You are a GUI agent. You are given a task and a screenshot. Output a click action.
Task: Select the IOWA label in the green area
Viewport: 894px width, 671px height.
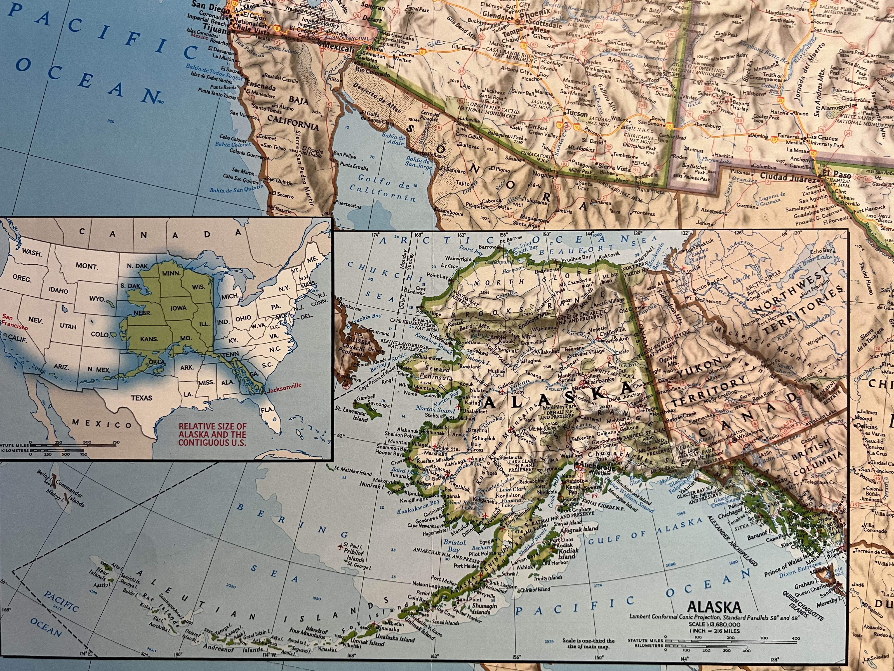(x=178, y=308)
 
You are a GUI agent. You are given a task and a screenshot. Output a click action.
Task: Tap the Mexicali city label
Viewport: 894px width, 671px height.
(x=337, y=49)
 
